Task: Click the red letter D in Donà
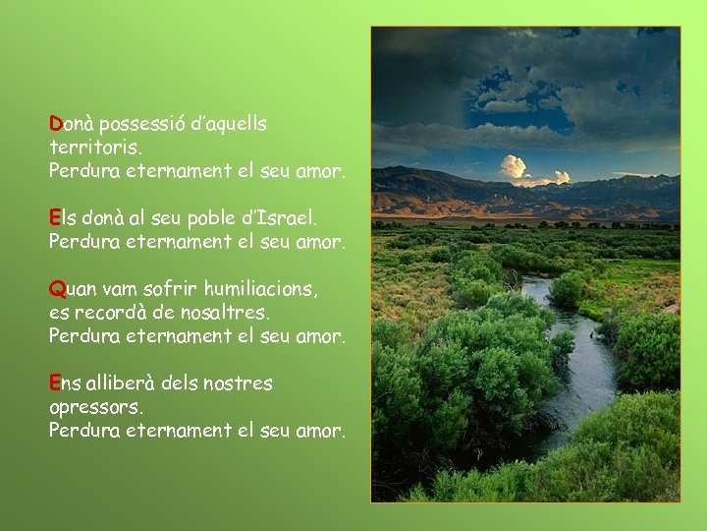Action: (x=56, y=125)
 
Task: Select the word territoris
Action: (x=96, y=148)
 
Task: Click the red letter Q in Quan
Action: (x=57, y=290)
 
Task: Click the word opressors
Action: (x=96, y=406)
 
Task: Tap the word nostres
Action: (x=236, y=383)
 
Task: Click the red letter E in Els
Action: (x=55, y=216)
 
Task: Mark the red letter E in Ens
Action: (x=55, y=383)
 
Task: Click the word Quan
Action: (x=74, y=290)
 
